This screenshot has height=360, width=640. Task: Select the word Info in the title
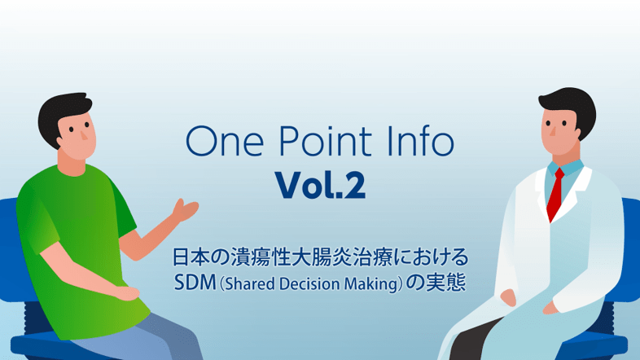click(x=415, y=144)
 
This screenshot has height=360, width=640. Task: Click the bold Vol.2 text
click(x=320, y=187)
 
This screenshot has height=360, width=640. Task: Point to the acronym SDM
click(x=194, y=283)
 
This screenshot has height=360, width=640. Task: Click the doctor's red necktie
click(x=555, y=192)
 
